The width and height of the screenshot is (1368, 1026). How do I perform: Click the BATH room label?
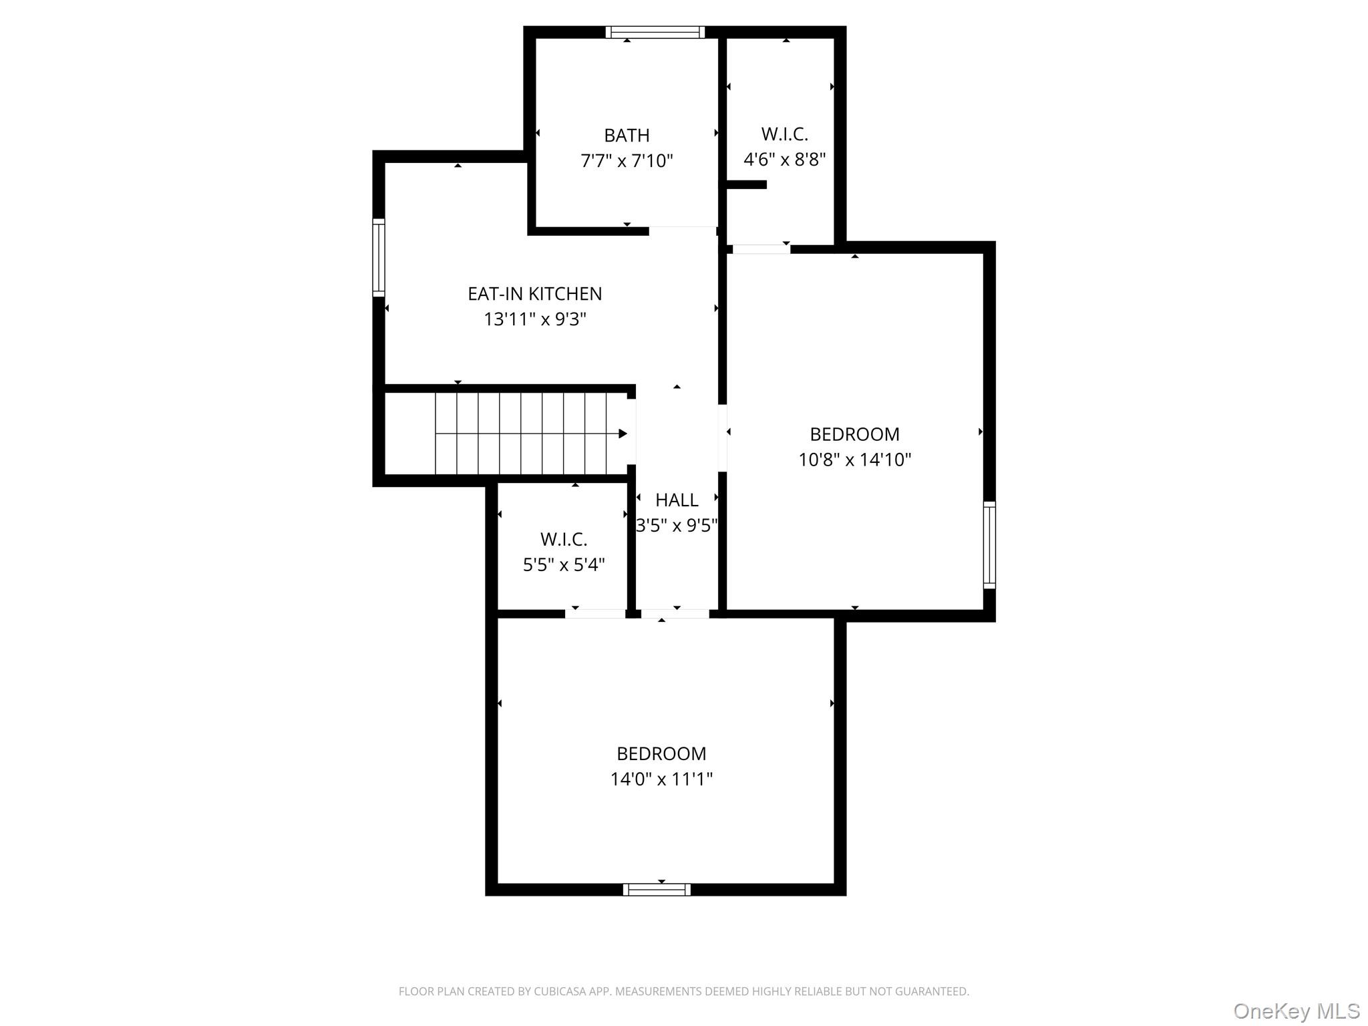[x=627, y=136]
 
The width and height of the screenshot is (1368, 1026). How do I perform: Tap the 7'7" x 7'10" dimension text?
[x=627, y=161]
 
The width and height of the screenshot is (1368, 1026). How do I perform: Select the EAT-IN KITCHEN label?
[x=534, y=294]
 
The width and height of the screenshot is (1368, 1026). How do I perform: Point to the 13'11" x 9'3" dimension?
[x=534, y=319]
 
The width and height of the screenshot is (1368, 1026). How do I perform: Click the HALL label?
[x=677, y=500]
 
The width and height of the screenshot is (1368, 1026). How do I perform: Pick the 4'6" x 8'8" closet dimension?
[x=784, y=160]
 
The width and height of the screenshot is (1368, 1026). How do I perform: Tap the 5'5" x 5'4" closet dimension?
[x=564, y=565]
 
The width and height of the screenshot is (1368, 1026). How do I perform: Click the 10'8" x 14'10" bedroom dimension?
[x=854, y=460]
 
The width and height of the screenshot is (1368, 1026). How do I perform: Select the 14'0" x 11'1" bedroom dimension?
[x=661, y=779]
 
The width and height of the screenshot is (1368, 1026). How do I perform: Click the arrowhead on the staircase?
[x=623, y=434]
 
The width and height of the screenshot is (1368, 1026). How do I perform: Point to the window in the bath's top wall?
[x=655, y=32]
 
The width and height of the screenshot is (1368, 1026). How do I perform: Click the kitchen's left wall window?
[x=379, y=257]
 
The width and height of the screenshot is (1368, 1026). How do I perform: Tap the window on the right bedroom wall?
[x=989, y=545]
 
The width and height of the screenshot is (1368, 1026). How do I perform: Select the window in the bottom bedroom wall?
[x=657, y=889]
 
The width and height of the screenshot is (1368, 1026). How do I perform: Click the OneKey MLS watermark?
[x=1297, y=1011]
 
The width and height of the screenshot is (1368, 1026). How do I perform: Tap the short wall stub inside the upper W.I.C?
[x=746, y=185]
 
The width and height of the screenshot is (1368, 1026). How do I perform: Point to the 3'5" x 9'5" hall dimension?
[x=677, y=526]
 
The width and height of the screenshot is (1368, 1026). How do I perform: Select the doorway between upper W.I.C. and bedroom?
[x=761, y=249]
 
